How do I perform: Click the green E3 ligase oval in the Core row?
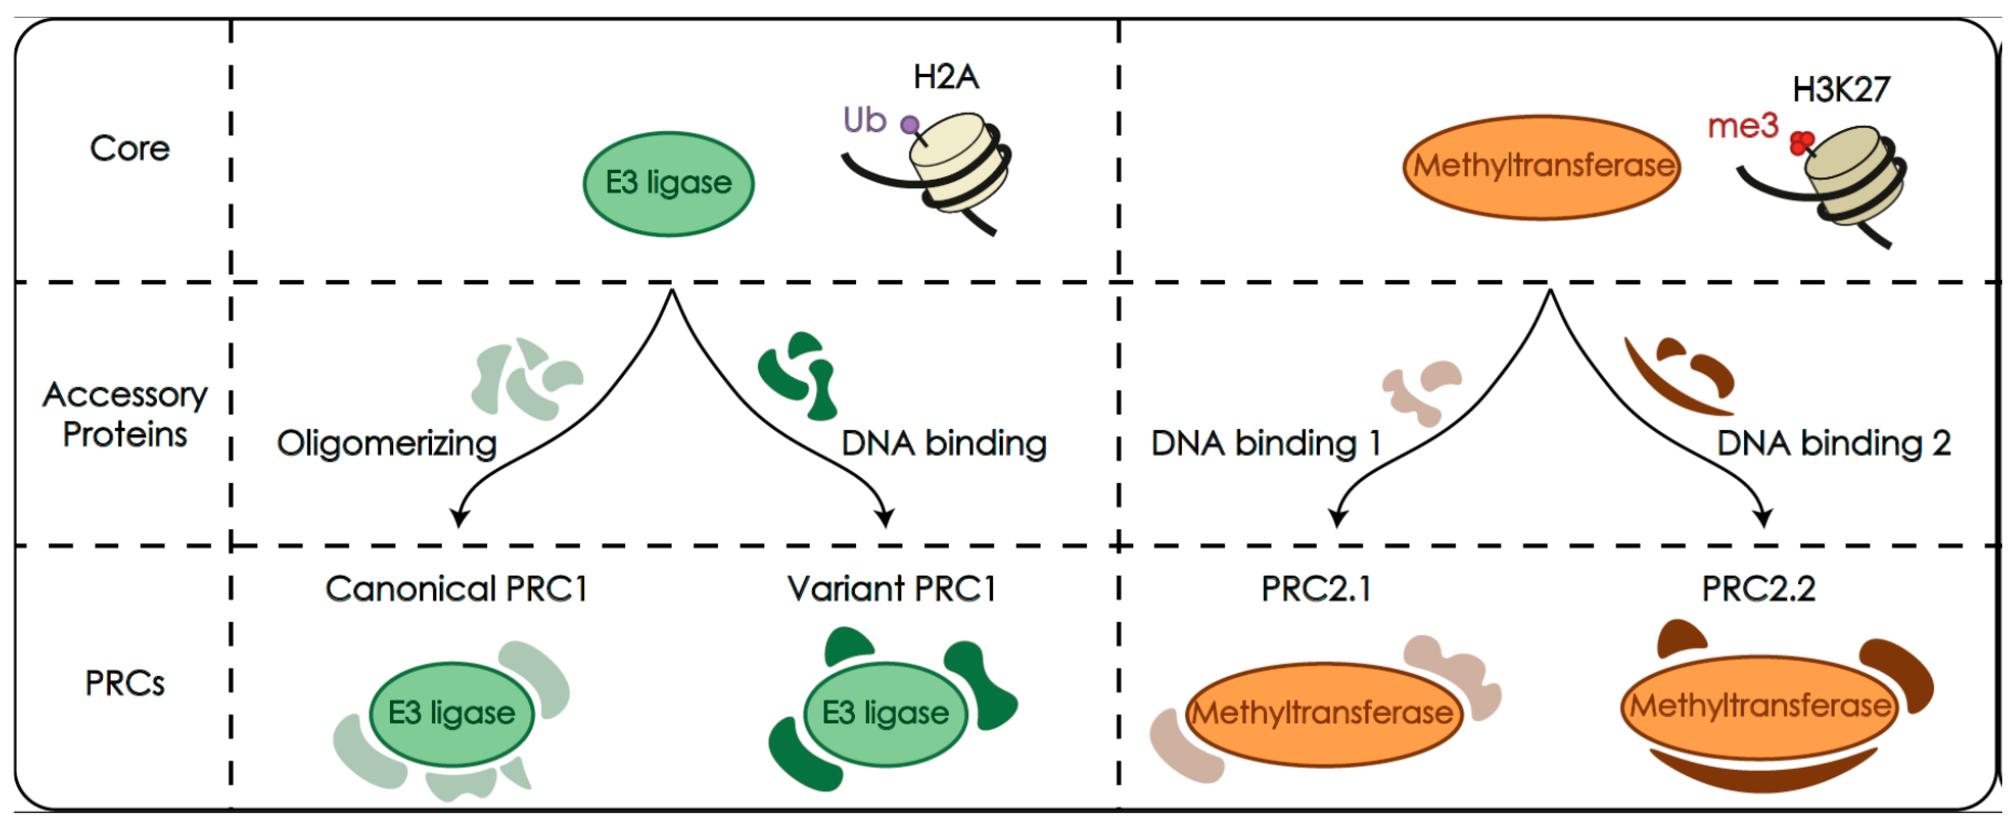668,184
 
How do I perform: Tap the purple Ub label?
864,120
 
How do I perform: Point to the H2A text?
946,77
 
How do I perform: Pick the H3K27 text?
1840,89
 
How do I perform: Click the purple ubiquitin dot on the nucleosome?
909,124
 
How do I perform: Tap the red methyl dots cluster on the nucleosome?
1801,143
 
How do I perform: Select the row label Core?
129,148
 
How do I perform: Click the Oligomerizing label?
387,443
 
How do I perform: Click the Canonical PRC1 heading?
456,588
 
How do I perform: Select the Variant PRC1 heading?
892,588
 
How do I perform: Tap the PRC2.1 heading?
1316,588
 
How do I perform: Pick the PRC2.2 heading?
1758,588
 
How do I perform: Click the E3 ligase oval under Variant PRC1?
885,714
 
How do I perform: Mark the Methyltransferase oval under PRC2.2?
1760,707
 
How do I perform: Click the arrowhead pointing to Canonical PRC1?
460,519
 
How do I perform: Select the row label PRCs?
125,684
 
